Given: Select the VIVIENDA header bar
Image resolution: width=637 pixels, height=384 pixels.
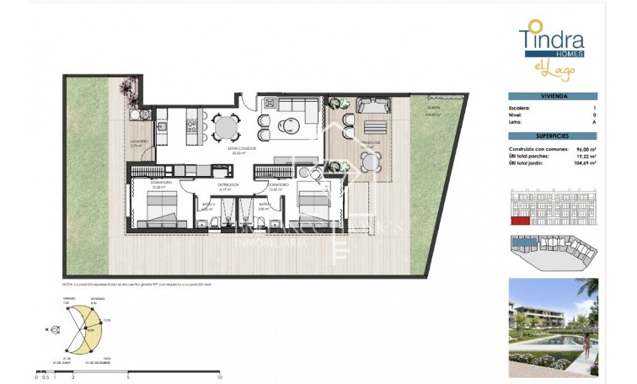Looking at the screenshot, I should click(553, 97).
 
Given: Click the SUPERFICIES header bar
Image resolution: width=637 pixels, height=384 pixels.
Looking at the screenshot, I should click(553, 136).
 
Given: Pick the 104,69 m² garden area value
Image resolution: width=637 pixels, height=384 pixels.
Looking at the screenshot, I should click(584, 163).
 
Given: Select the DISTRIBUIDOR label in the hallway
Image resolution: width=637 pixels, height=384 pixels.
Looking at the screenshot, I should click(228, 184).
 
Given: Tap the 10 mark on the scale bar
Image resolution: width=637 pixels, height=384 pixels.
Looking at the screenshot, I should click(219, 378).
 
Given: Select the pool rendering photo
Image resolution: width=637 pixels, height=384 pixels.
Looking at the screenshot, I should click(553, 327).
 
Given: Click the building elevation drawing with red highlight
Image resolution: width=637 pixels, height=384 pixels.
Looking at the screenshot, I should click(553, 207).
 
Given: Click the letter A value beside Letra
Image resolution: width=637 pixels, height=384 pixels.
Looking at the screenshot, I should click(594, 122).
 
